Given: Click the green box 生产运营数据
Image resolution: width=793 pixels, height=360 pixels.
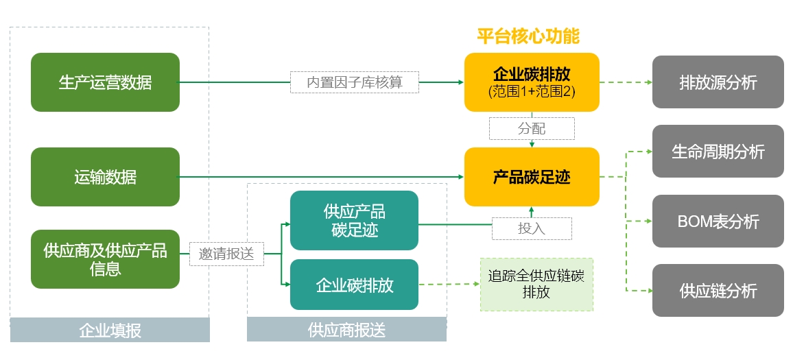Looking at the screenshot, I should [105, 82].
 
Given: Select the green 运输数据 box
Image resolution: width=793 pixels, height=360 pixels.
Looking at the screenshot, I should [105, 177].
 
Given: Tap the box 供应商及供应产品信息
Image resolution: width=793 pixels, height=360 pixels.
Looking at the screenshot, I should [105, 259].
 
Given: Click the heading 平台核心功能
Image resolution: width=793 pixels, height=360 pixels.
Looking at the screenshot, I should [528, 36].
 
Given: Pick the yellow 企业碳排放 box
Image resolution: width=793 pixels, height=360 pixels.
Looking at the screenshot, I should [532, 74].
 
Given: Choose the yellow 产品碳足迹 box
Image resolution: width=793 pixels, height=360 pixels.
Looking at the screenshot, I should [532, 177].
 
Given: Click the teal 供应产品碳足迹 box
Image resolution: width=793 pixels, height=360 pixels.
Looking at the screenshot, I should [354, 220].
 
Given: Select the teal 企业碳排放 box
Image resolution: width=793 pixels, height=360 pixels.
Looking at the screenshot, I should [354, 285].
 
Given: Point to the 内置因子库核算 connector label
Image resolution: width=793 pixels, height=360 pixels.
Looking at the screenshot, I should [354, 82].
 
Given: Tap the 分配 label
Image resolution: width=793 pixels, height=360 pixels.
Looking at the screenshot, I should [532, 128].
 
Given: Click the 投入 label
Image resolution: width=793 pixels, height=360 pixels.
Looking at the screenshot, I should [532, 228].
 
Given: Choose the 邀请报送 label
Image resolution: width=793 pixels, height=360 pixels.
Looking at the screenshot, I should [226, 254].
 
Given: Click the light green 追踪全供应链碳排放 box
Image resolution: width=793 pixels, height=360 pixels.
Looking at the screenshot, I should [536, 285].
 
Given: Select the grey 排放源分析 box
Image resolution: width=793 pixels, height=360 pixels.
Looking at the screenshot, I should [718, 82].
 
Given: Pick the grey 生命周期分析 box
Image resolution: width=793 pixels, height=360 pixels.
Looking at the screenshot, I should [718, 152].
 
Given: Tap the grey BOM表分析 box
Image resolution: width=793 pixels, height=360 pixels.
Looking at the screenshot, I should [718, 221].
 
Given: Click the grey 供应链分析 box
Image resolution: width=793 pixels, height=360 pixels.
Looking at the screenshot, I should [718, 291].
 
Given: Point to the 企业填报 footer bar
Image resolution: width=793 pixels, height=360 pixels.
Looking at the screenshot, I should [110, 331].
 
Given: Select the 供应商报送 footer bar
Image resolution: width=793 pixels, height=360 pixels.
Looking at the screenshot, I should [346, 331].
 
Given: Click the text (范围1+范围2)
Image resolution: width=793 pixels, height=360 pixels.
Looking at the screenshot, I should [532, 91].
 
